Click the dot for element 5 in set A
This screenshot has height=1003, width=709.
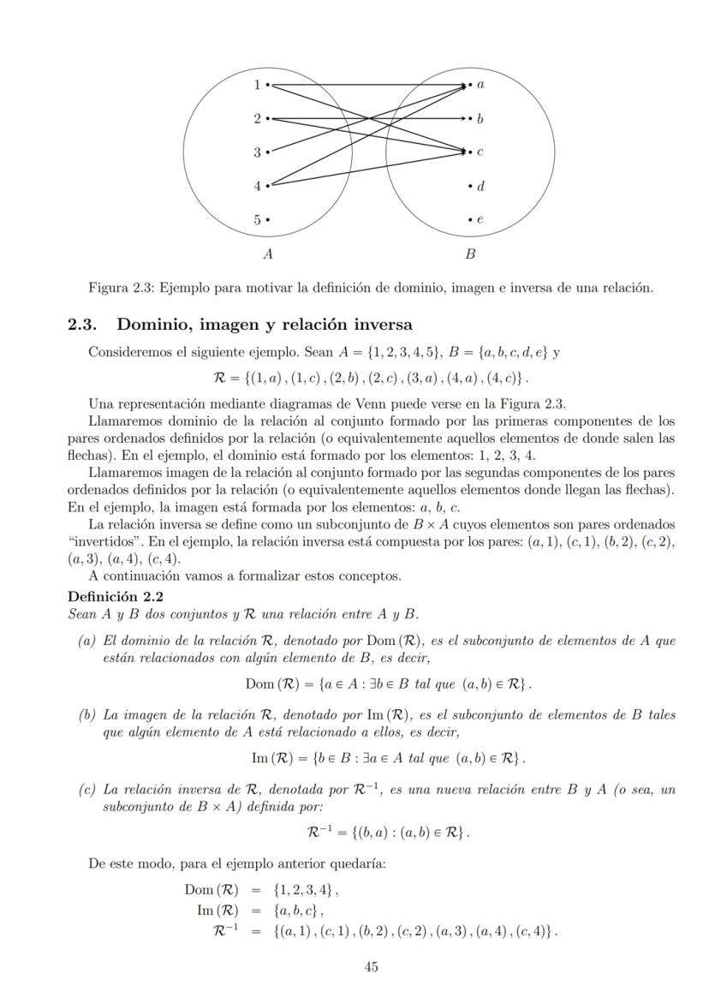click(x=268, y=219)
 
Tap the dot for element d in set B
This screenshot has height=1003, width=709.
click(x=470, y=186)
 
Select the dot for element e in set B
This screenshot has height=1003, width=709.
click(x=470, y=219)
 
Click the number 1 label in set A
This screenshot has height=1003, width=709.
click(x=257, y=85)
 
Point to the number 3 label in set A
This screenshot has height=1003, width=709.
click(x=257, y=152)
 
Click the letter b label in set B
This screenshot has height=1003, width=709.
click(x=480, y=118)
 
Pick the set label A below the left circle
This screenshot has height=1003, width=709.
click(x=268, y=254)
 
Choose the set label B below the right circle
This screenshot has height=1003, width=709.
click(x=470, y=254)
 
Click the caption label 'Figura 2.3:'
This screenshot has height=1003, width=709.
click(x=119, y=288)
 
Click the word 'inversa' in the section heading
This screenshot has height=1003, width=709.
click(x=382, y=325)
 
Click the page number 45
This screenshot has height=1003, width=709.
click(x=371, y=967)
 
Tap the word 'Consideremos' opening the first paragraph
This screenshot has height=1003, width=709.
click(x=128, y=352)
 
